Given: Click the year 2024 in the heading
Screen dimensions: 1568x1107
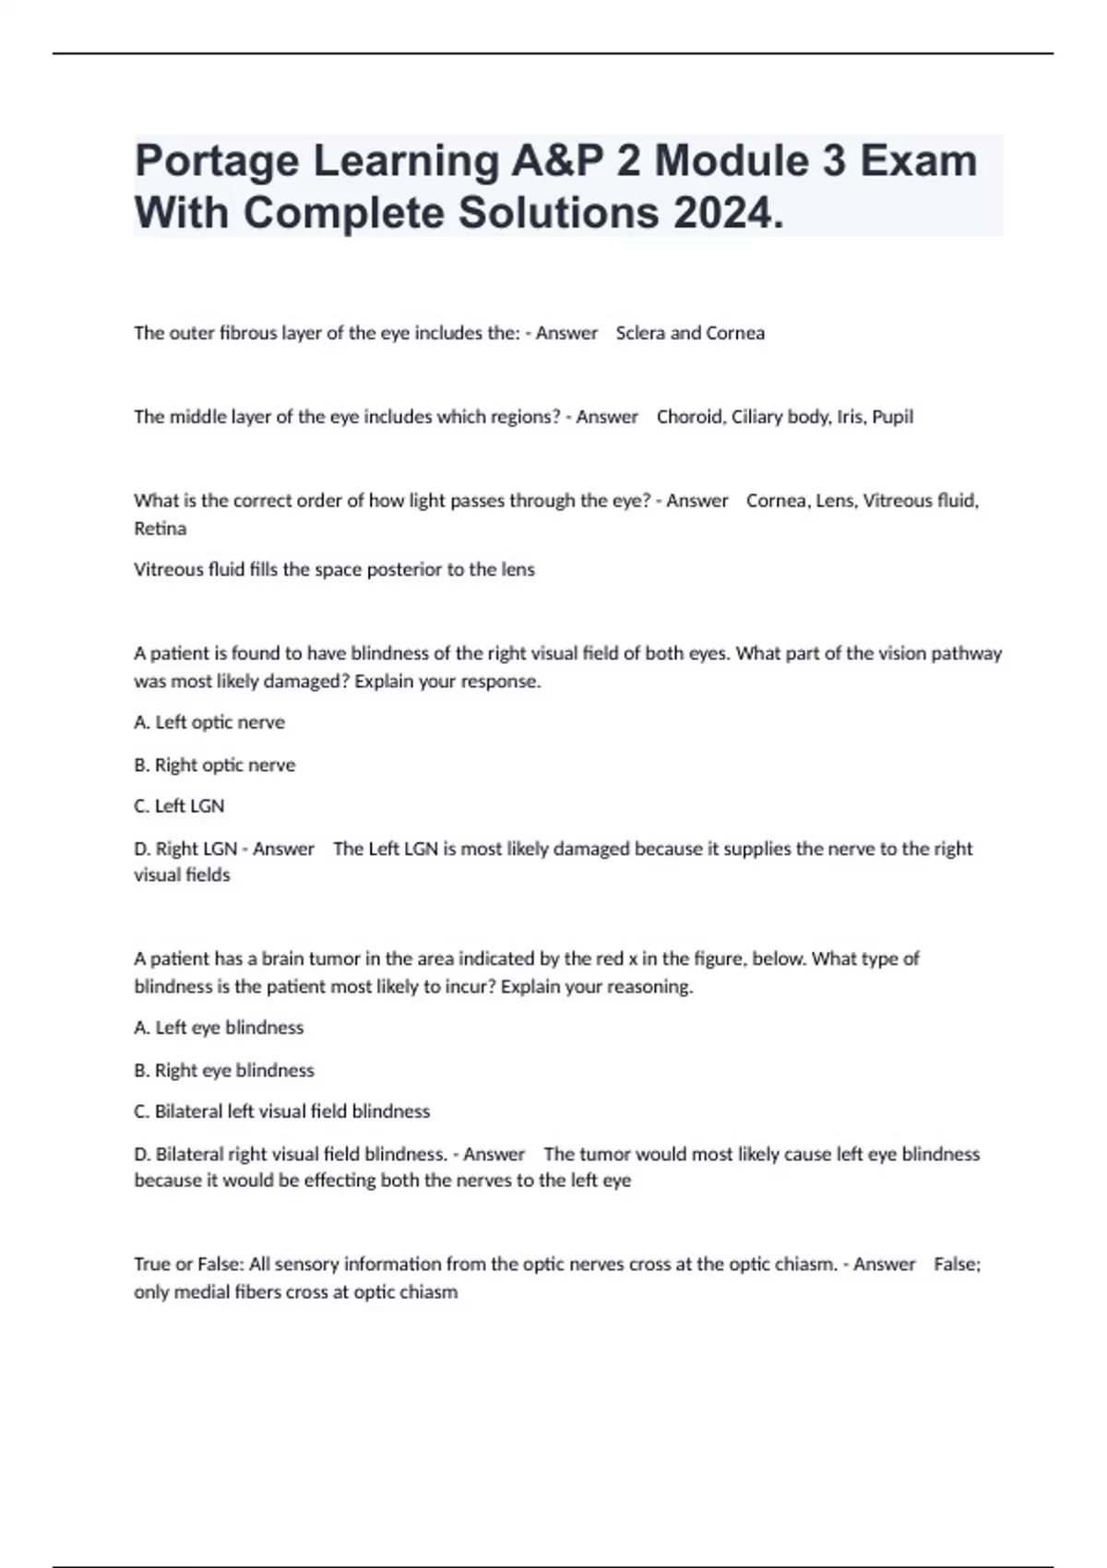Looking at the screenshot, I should pyautogui.click(x=730, y=214).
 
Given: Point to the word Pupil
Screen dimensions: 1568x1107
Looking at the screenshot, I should pyautogui.click(x=892, y=417).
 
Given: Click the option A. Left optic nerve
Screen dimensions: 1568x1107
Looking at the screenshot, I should pyautogui.click(x=209, y=722).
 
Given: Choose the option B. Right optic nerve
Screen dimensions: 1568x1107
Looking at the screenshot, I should pyautogui.click(x=215, y=765).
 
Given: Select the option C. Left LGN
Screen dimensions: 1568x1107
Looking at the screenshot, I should pyautogui.click(x=179, y=806).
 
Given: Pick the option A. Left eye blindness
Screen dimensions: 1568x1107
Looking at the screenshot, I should pyautogui.click(x=219, y=1028).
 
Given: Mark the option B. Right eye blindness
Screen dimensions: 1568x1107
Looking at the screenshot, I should pyautogui.click(x=224, y=1070).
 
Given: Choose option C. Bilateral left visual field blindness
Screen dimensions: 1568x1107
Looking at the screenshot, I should pyautogui.click(x=282, y=1111).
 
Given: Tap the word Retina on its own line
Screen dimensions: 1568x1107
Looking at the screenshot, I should pyautogui.click(x=161, y=529).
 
